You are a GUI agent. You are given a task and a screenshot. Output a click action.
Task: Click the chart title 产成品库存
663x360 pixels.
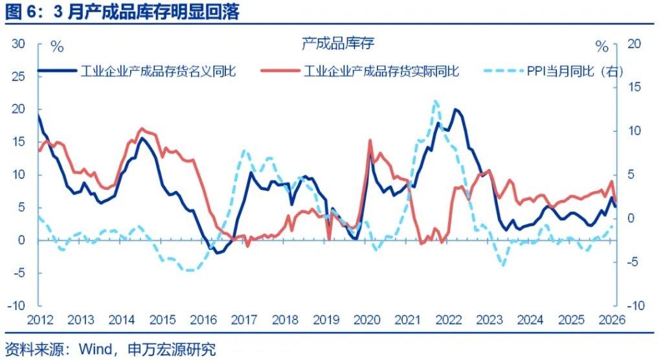[338, 43]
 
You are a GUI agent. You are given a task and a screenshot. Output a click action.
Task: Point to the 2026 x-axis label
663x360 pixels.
[611, 320]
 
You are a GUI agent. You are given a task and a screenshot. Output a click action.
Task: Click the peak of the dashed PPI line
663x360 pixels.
[435, 101]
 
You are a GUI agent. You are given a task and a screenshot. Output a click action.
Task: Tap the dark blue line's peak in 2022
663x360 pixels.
[456, 109]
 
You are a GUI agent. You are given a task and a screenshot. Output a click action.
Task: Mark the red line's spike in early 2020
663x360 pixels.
[370, 140]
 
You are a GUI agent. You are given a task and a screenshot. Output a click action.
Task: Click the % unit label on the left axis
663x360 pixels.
[57, 47]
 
